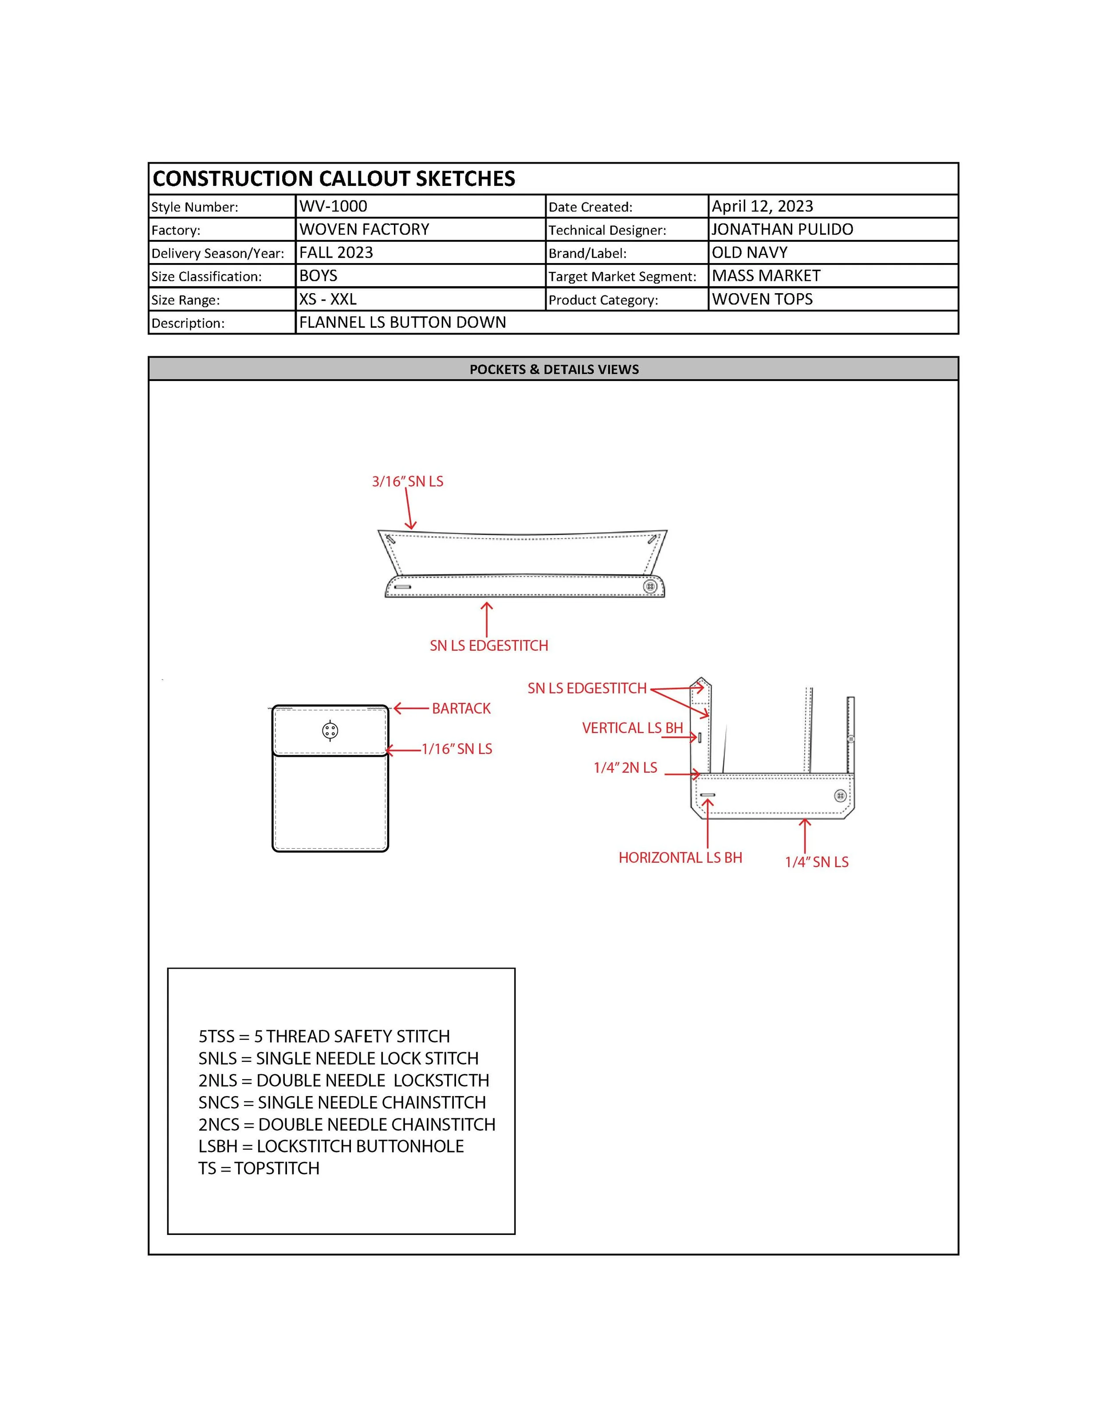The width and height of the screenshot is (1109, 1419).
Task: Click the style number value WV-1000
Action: point(333,207)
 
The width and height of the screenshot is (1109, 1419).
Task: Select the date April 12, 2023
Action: point(762,207)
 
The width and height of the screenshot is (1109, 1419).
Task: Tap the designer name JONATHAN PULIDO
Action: point(782,229)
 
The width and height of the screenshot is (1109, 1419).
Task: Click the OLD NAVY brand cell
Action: point(749,253)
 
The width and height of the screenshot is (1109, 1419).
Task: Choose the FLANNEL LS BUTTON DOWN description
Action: point(402,322)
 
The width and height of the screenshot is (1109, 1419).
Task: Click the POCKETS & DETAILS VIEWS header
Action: point(554,369)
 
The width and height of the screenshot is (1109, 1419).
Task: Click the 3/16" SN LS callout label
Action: point(407,481)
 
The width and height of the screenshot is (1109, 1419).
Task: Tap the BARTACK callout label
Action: point(461,709)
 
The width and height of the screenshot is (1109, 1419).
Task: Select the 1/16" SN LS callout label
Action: point(457,749)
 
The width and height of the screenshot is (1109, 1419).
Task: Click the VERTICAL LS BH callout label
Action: point(632,728)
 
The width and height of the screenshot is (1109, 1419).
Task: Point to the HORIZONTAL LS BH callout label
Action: point(680,857)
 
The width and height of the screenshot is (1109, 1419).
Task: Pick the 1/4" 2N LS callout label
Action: point(625,768)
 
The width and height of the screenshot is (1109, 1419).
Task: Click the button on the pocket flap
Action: point(330,731)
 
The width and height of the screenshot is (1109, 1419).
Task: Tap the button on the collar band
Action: point(650,587)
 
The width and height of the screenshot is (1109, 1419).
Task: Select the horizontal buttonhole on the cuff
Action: point(708,794)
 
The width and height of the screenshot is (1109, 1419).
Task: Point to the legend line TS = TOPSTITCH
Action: point(259,1168)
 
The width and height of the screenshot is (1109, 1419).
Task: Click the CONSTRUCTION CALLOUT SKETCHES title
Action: point(334,179)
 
